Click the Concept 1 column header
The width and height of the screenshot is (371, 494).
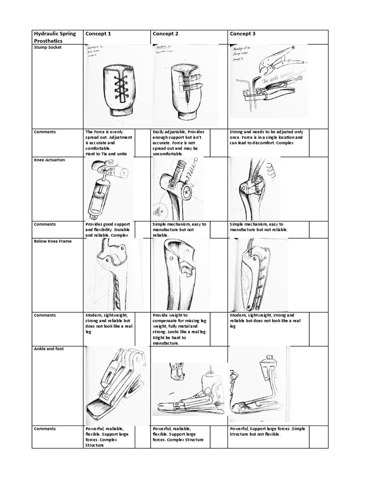[98, 34]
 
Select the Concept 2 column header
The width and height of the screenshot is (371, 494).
[166, 34]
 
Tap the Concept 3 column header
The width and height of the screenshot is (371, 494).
[243, 34]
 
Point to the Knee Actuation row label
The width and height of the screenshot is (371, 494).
[49, 160]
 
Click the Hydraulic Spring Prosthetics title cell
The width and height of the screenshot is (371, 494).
[55, 37]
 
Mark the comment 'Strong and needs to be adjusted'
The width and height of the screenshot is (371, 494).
[267, 137]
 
